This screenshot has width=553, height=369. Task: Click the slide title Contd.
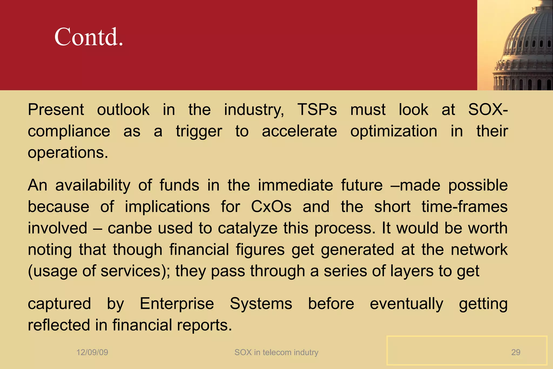[89, 37]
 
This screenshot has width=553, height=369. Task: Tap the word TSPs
[317, 110]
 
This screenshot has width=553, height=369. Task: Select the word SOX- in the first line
[488, 110]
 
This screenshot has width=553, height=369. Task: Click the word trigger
[199, 132]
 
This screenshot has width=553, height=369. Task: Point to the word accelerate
[299, 131]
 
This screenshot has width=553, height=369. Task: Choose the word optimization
[394, 132]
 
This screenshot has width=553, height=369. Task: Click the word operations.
[68, 153]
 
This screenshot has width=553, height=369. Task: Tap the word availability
[93, 186]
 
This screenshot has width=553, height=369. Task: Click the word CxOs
[271, 207]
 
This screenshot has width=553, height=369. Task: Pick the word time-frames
[464, 207]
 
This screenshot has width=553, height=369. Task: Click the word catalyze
[248, 228]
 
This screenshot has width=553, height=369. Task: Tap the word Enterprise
[177, 304]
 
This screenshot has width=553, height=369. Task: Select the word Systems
[261, 304]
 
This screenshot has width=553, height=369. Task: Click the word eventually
[406, 304]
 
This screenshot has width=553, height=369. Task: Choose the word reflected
[59, 325]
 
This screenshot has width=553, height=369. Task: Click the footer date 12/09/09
[92, 352]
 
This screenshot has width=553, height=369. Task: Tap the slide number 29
[515, 352]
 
